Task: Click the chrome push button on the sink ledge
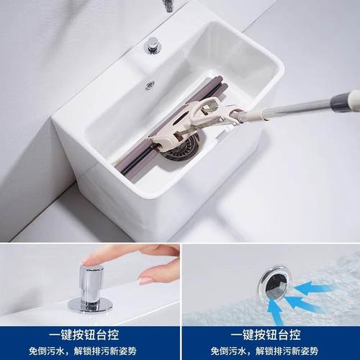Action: tap(152, 46)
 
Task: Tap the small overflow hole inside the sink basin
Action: tap(149, 85)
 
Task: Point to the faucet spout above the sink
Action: tap(168, 6)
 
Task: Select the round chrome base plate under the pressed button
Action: tap(89, 305)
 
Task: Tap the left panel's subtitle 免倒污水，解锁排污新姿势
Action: tap(90, 351)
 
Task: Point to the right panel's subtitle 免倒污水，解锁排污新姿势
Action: tap(270, 351)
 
